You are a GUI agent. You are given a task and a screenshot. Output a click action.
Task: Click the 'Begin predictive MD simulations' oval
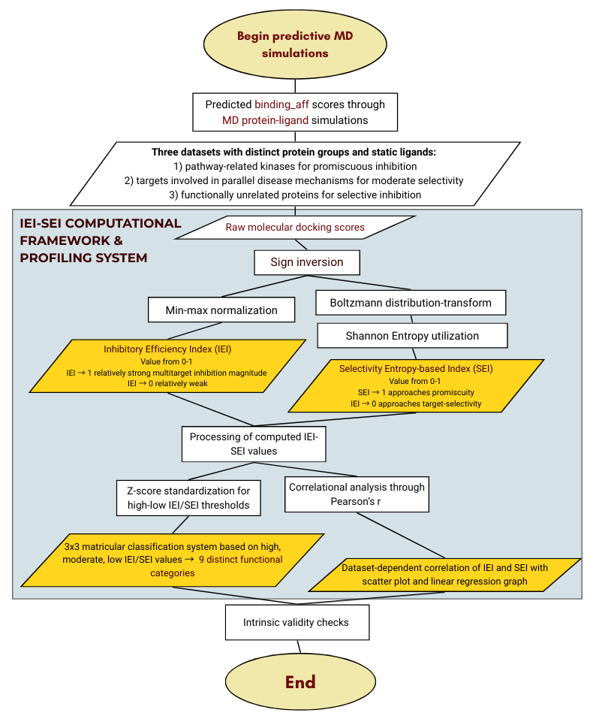pyautogui.click(x=295, y=45)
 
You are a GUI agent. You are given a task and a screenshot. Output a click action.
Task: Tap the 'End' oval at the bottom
pyautogui.click(x=300, y=682)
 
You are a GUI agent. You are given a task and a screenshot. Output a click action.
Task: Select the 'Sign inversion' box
pyautogui.click(x=306, y=263)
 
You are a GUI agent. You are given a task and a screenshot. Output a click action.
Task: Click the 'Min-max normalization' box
pyautogui.click(x=221, y=310)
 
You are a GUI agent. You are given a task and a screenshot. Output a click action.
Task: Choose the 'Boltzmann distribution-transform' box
pyautogui.click(x=411, y=303)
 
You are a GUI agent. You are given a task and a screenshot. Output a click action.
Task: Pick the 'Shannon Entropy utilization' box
pyautogui.click(x=412, y=336)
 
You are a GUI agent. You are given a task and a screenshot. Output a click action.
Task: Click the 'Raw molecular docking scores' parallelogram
pyautogui.click(x=295, y=227)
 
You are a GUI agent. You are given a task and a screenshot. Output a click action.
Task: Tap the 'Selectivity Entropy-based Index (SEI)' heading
pyautogui.click(x=416, y=369)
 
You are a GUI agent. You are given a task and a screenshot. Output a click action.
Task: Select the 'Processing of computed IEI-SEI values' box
pyautogui.click(x=254, y=443)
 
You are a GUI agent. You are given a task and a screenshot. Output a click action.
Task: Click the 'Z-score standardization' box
pyautogui.click(x=188, y=497)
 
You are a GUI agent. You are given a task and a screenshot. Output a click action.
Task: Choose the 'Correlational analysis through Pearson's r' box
pyautogui.click(x=357, y=494)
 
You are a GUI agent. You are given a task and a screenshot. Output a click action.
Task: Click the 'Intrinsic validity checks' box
pyautogui.click(x=296, y=622)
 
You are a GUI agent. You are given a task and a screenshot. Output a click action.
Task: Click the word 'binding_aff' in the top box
pyautogui.click(x=281, y=104)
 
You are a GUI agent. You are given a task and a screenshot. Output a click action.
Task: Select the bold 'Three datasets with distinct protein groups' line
pyautogui.click(x=293, y=152)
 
